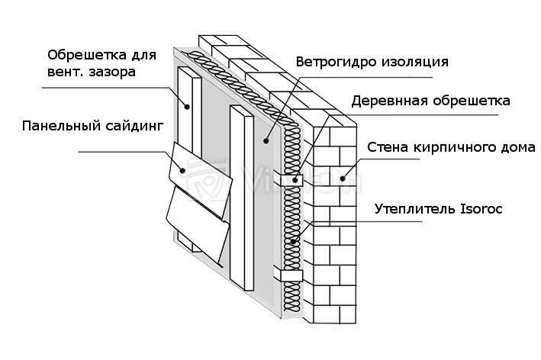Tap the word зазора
[112, 72]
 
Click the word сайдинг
[134, 126]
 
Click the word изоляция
[415, 63]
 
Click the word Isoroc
[481, 209]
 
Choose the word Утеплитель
[415, 209]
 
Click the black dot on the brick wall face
[343, 178]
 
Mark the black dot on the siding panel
[183, 170]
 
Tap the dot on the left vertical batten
[187, 107]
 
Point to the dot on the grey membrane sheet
[266, 140]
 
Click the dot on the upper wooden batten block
[295, 180]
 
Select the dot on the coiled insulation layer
[293, 241]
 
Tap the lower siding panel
[197, 224]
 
